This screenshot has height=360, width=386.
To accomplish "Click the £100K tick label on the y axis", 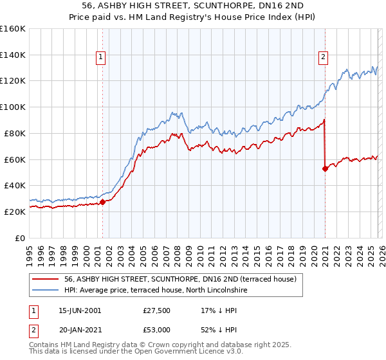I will [13, 107].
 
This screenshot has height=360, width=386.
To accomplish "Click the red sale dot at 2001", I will [102, 202].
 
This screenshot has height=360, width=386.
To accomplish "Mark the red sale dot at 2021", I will [325, 168].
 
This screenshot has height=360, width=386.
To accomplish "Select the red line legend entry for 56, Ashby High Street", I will [180, 279].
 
